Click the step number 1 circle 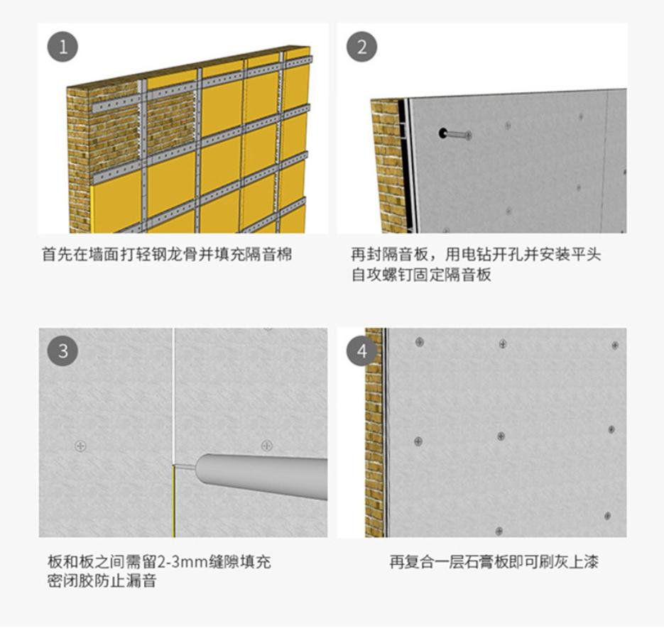(62, 46)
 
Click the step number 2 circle (361, 46)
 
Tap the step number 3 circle (62, 351)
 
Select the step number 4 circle (361, 351)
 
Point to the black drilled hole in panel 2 (442, 133)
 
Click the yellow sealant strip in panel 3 (173, 501)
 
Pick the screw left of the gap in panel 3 (80, 446)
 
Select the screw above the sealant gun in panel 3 (266, 445)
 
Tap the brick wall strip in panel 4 (374, 432)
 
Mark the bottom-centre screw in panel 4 (499, 531)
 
